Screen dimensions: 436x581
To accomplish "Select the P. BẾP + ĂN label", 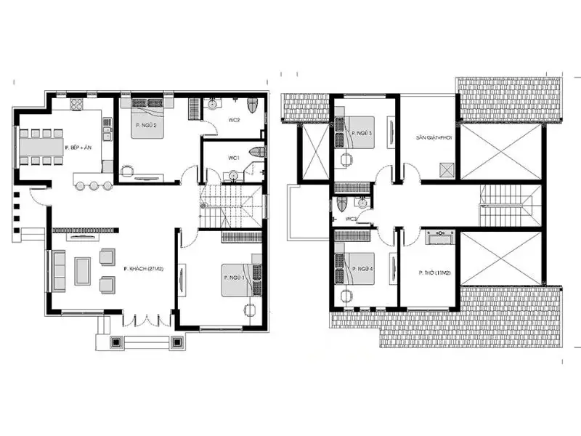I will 77,147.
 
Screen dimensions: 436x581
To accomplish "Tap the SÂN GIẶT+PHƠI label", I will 430,137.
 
